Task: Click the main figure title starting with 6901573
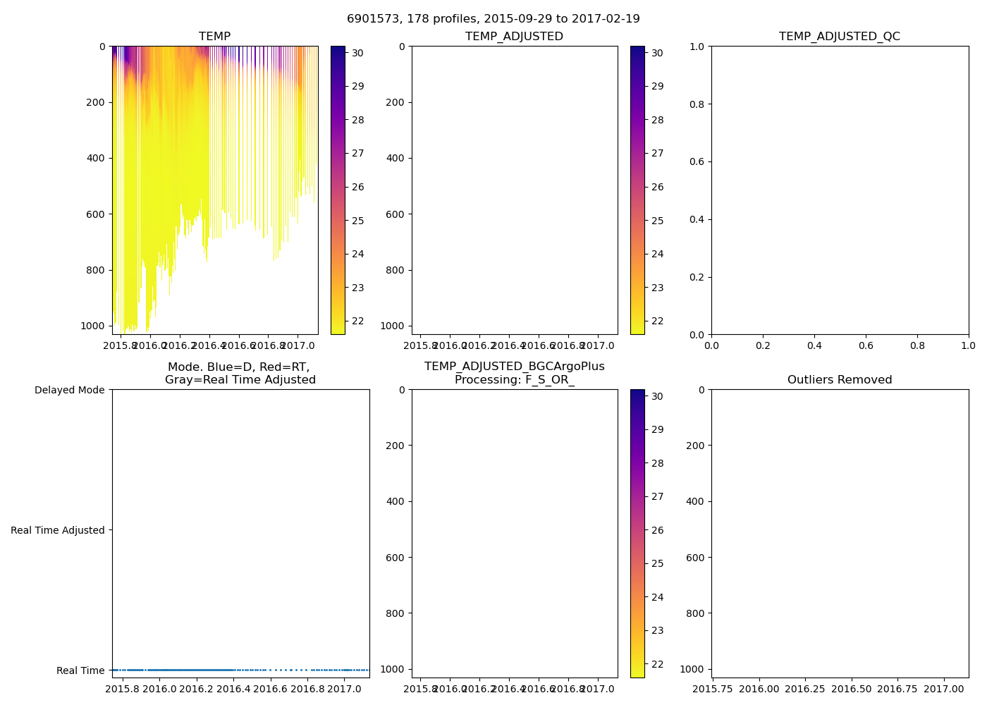click(x=493, y=19)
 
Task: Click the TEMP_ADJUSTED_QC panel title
click(x=839, y=37)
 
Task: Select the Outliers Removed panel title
click(x=839, y=380)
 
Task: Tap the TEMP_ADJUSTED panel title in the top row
click(x=514, y=37)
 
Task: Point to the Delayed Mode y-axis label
click(x=69, y=390)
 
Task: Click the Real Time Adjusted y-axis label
click(x=57, y=530)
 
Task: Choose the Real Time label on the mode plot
click(x=80, y=670)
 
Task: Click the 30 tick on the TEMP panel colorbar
click(x=357, y=53)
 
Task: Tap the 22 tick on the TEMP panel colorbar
click(x=357, y=321)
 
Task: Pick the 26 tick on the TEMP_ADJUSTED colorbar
click(x=657, y=187)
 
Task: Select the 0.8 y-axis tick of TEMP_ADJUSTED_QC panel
click(x=697, y=104)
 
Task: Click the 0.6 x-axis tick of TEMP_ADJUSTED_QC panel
click(x=866, y=345)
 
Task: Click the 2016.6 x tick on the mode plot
click(x=271, y=689)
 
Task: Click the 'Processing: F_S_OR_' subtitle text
click(x=514, y=380)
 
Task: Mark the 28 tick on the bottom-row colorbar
click(x=657, y=463)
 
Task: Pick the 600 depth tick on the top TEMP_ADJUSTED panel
click(x=396, y=214)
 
